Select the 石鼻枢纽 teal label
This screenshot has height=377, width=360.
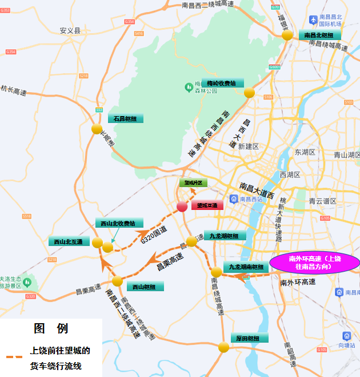point(125,119)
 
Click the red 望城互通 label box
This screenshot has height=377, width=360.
point(207,205)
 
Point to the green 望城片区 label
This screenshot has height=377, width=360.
point(191,183)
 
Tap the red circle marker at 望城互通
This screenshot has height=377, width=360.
point(182,207)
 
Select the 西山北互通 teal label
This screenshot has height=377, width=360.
point(68,241)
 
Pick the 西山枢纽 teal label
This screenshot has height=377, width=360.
point(143,286)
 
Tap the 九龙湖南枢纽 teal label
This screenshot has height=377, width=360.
point(246,267)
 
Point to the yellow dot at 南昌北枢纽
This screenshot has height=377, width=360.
point(287,35)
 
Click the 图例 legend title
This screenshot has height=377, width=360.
point(50,328)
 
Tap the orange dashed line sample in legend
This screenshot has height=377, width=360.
point(14,356)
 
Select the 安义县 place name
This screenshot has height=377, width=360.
point(70,30)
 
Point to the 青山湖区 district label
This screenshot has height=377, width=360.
point(346,155)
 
